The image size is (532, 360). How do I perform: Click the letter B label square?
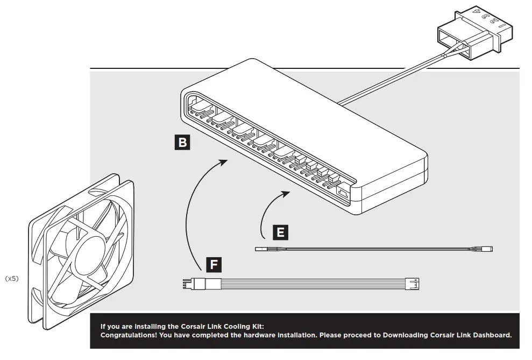point(182,142)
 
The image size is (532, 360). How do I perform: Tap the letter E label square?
point(279,232)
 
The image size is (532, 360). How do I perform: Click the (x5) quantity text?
point(12,279)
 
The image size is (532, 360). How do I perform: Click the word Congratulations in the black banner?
point(127,335)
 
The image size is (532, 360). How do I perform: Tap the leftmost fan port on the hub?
point(194,105)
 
